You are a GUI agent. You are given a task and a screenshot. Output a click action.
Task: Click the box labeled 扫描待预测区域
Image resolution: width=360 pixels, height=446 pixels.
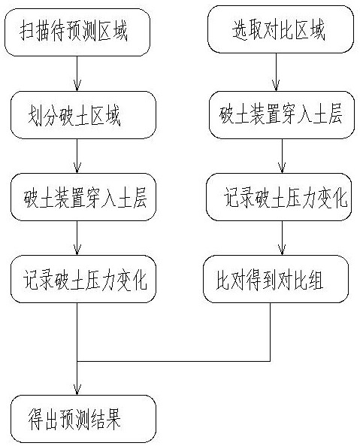(77, 32)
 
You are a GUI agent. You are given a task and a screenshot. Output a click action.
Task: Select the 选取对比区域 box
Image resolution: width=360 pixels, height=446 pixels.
(281, 29)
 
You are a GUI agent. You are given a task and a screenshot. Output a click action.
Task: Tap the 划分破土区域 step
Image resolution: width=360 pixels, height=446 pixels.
(83, 115)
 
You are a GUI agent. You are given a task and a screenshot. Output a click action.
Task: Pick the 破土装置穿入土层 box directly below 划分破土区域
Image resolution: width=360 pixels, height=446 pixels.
(83, 197)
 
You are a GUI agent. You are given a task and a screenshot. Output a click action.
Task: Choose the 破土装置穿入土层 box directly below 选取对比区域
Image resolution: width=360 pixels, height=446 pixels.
(282, 115)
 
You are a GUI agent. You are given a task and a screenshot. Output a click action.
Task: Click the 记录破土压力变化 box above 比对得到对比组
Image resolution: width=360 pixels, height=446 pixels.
(279, 197)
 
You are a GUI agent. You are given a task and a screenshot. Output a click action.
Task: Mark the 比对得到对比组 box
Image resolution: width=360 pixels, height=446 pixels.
(276, 279)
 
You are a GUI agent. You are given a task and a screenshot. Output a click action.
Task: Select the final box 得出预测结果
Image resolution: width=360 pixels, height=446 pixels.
(83, 419)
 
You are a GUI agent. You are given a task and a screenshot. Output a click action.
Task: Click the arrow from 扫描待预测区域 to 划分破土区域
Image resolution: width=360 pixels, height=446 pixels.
(77, 74)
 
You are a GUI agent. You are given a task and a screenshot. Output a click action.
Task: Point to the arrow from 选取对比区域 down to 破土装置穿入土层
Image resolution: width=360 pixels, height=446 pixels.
(276, 72)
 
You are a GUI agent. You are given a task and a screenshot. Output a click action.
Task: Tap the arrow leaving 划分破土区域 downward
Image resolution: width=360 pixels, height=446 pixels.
(77, 156)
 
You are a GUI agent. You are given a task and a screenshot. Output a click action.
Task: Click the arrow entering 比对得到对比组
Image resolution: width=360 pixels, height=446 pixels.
(282, 238)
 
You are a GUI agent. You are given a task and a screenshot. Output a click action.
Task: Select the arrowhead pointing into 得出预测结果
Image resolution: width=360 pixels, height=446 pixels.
(77, 390)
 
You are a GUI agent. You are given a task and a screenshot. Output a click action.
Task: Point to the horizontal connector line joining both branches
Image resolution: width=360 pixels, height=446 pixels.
(174, 362)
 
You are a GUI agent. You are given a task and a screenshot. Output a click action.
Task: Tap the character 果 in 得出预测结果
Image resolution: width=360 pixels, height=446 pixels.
(113, 420)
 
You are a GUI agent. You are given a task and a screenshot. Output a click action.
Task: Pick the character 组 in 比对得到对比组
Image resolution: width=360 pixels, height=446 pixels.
(316, 281)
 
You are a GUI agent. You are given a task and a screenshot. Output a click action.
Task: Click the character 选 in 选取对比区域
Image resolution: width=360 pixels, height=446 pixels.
(239, 29)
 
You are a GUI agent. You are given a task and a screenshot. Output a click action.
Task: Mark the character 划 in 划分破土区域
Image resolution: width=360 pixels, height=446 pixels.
(35, 116)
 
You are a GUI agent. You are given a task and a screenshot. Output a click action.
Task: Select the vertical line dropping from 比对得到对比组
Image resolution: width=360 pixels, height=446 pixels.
(270, 332)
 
